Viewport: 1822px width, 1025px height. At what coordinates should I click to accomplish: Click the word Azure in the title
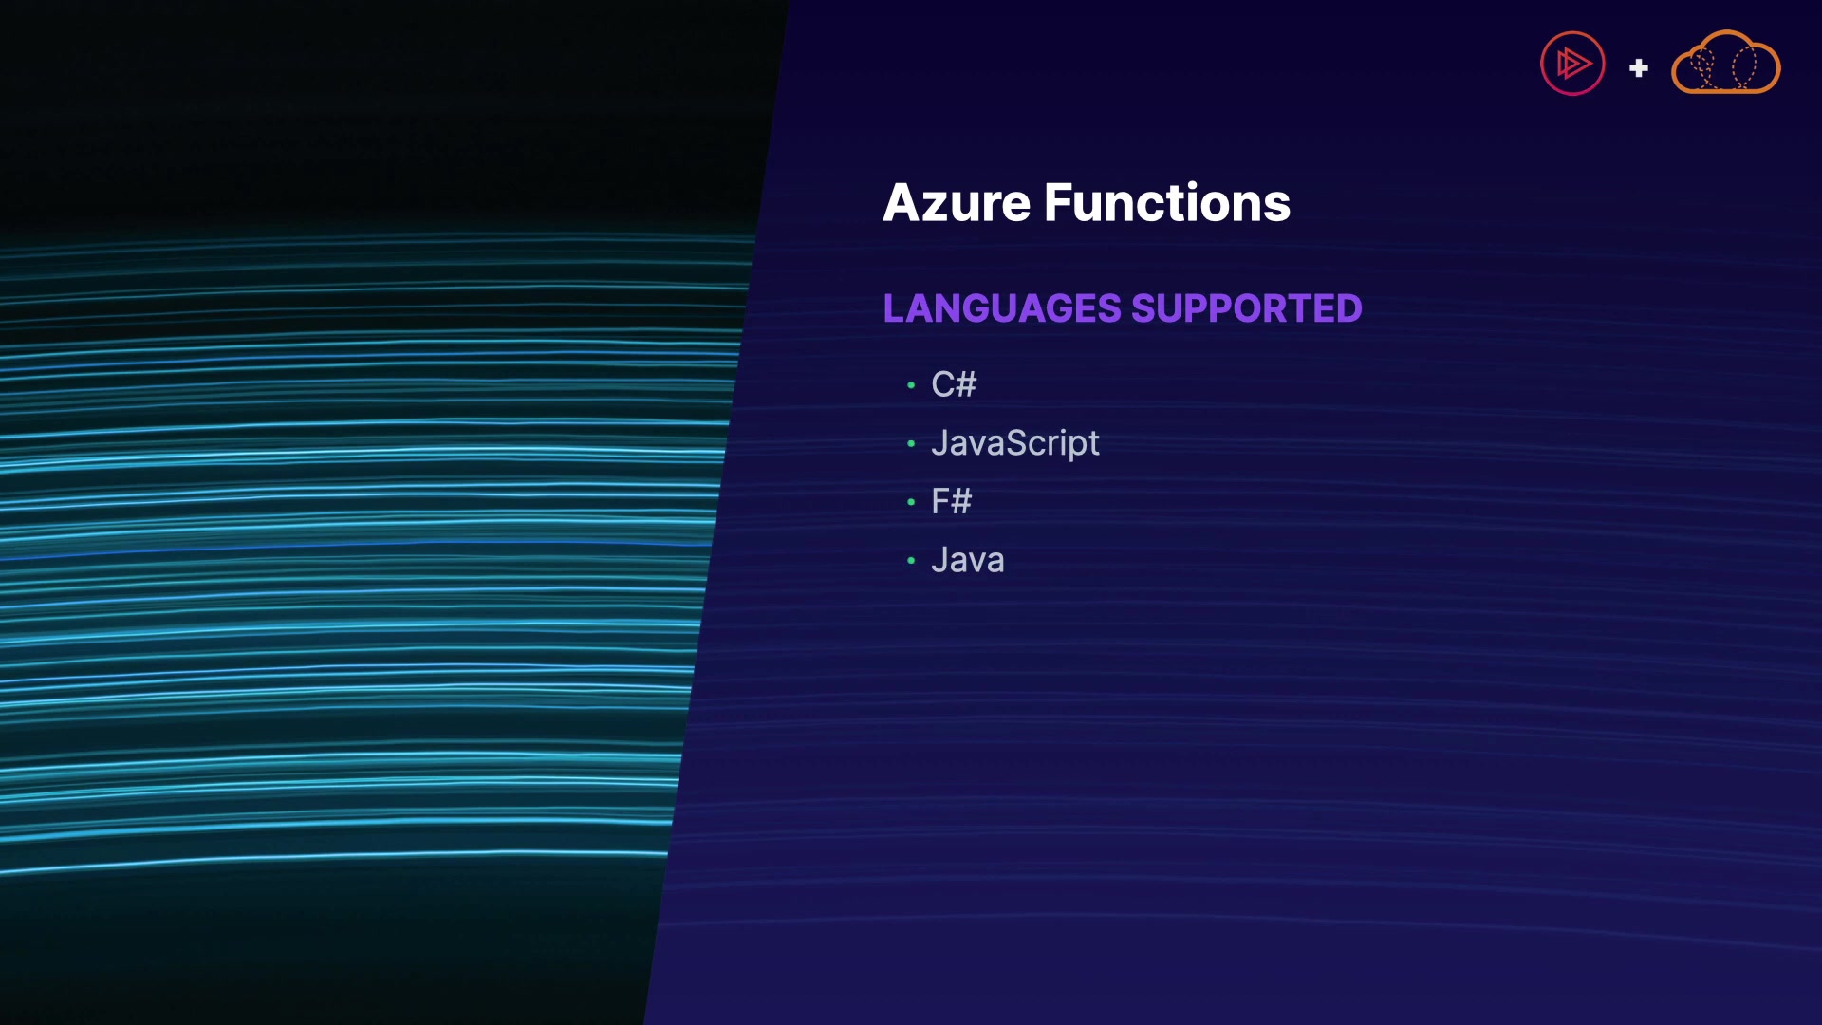coord(957,203)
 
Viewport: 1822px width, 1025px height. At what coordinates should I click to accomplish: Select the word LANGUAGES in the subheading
coord(1002,308)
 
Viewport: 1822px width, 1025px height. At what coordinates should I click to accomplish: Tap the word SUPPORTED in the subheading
coord(1247,308)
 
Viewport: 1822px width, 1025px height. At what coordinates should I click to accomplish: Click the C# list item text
coord(954,384)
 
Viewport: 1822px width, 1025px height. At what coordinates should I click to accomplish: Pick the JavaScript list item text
coord(1015,443)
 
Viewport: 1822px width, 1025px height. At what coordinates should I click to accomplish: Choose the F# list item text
coord(952,501)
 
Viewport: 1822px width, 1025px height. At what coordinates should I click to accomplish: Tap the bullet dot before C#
coord(911,385)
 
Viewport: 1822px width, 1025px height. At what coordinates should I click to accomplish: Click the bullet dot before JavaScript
coord(911,443)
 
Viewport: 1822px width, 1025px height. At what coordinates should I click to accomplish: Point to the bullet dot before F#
coord(911,502)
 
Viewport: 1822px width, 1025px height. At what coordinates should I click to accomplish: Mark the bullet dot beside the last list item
coord(911,561)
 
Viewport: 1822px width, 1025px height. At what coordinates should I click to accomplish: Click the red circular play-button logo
coord(1572,64)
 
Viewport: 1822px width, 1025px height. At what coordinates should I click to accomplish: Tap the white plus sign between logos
coord(1639,68)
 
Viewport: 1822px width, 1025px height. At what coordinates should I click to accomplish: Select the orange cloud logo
coord(1725,65)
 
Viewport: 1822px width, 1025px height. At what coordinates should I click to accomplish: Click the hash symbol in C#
coord(966,384)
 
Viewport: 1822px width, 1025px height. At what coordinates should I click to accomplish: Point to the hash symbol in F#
coord(960,501)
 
